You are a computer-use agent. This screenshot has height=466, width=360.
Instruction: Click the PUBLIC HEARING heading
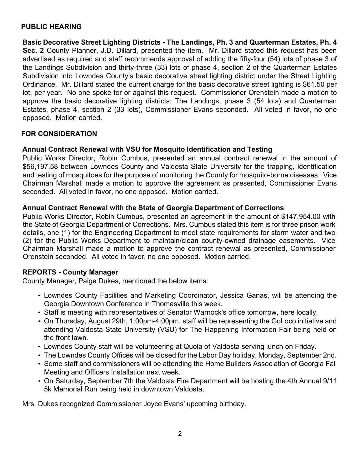click(51, 27)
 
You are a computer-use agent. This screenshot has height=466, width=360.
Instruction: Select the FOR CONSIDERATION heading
click(59, 134)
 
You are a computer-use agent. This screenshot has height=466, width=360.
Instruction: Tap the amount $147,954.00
click(301, 217)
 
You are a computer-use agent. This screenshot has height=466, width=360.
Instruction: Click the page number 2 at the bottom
click(180, 434)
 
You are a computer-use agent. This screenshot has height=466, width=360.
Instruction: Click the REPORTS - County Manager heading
click(70, 272)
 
